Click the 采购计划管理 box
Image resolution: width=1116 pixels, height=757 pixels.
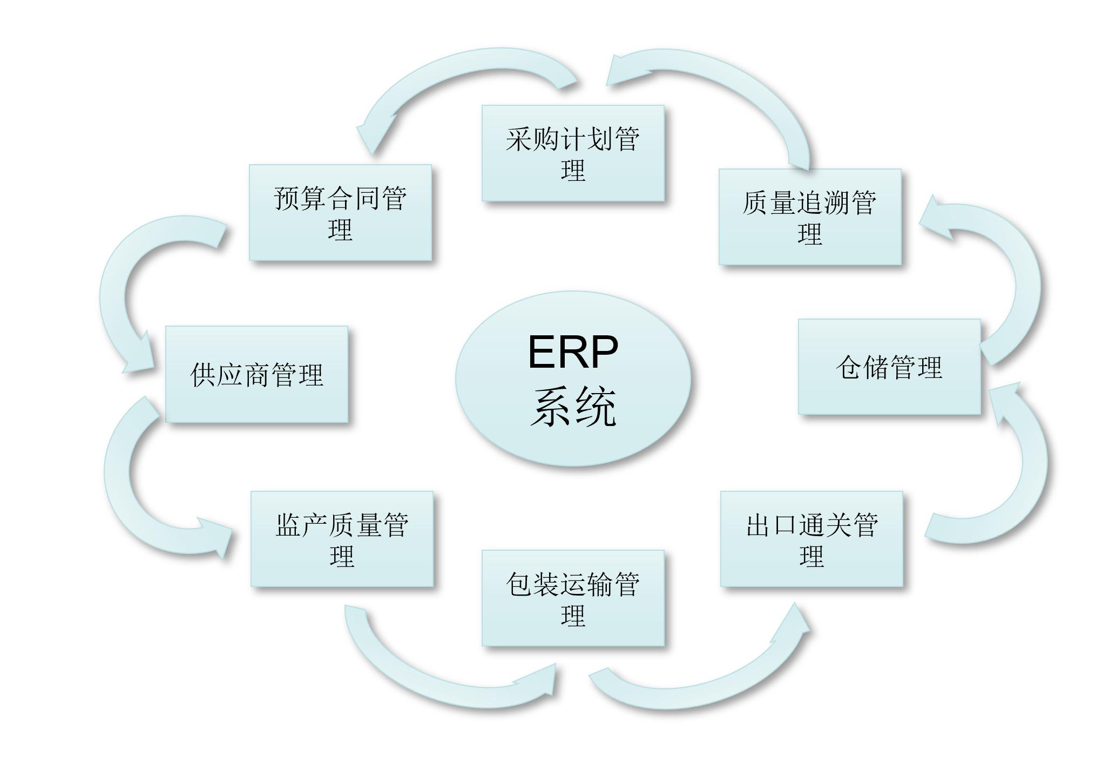point(573,153)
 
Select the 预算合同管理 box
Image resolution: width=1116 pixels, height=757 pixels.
point(340,212)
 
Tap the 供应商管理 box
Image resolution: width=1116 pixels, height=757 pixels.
point(256,374)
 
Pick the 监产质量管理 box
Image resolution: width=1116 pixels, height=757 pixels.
point(342,539)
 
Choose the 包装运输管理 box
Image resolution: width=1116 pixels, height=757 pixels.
point(573,598)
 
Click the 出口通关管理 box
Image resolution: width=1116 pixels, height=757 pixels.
point(811,539)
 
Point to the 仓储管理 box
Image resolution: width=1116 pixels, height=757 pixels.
point(889,367)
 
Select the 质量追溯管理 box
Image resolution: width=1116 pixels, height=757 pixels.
point(810,217)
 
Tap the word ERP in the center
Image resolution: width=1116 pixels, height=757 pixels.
point(573,352)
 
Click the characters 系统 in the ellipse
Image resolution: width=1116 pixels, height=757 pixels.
point(573,408)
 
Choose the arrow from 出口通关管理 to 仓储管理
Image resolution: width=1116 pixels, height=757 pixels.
point(1026,475)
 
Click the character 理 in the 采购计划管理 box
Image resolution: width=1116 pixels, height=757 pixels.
point(573,171)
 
